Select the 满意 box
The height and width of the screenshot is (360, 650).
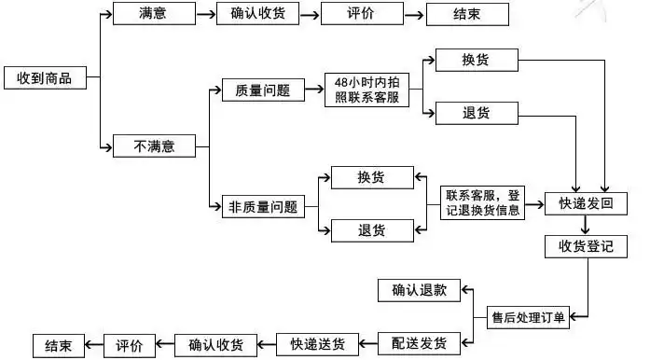pos(154,15)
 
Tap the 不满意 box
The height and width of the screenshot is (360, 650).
pos(154,145)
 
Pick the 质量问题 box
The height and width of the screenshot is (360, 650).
pos(256,90)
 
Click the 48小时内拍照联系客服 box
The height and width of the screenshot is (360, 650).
pos(366,90)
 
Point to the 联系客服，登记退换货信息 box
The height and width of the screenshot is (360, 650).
pos(485,202)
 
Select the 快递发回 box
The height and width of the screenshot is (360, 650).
pos(586,203)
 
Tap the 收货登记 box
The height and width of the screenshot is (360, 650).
pos(586,246)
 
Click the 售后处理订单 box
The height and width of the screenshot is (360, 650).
pos(529,317)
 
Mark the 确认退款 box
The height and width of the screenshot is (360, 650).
pos(412,290)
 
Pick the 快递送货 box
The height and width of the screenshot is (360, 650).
pos(316,344)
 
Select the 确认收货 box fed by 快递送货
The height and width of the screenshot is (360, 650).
pos(215,344)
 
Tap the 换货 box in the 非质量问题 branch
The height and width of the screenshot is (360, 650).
pos(372,176)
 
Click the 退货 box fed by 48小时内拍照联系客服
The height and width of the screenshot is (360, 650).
pos(476,114)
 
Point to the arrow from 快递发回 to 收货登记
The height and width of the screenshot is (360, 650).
pos(586,225)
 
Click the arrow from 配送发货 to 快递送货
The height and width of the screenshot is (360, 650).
pos(365,344)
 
